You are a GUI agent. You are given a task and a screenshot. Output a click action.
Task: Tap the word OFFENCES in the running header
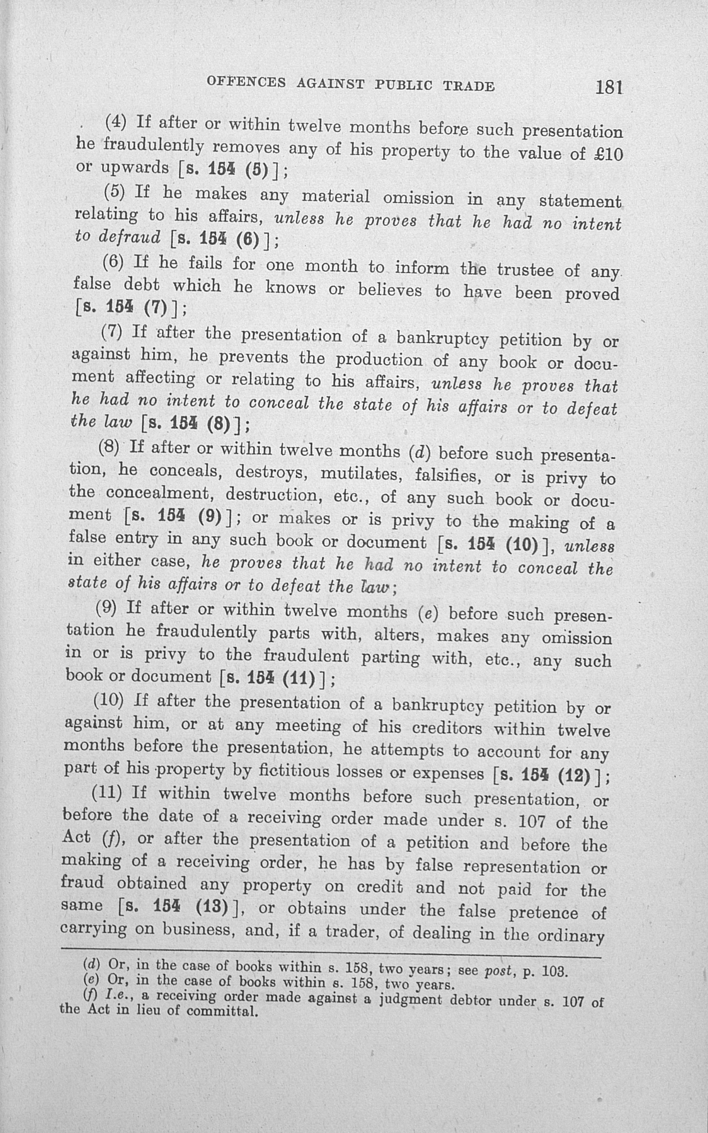tap(246, 82)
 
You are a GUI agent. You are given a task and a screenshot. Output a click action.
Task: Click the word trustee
tap(526, 270)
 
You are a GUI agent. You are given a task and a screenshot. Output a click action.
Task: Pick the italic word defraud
tap(130, 237)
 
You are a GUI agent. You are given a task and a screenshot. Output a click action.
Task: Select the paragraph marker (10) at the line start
tap(108, 701)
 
